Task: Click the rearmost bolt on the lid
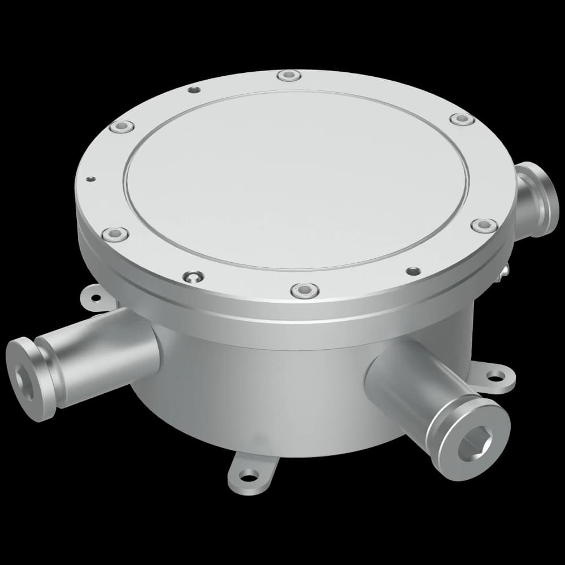(289, 75)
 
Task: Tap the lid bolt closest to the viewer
(305, 291)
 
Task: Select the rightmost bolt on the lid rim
(484, 225)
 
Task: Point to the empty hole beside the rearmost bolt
(194, 90)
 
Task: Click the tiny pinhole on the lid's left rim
(90, 180)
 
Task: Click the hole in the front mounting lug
(248, 475)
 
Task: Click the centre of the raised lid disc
(298, 180)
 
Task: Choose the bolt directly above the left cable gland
(115, 233)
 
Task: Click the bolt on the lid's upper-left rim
(122, 127)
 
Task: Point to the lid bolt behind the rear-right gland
(462, 119)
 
